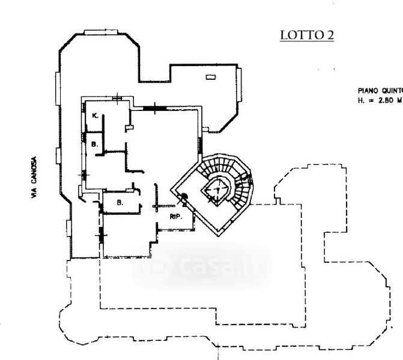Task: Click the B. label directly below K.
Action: coord(94,144)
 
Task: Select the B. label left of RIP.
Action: coord(120,203)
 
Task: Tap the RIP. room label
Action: coord(176,216)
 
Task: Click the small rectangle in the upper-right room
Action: coord(210,77)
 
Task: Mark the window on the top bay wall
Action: coord(99,31)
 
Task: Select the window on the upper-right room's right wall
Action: coord(240,83)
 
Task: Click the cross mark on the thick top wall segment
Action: coord(157,108)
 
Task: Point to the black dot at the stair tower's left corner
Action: coord(186,197)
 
